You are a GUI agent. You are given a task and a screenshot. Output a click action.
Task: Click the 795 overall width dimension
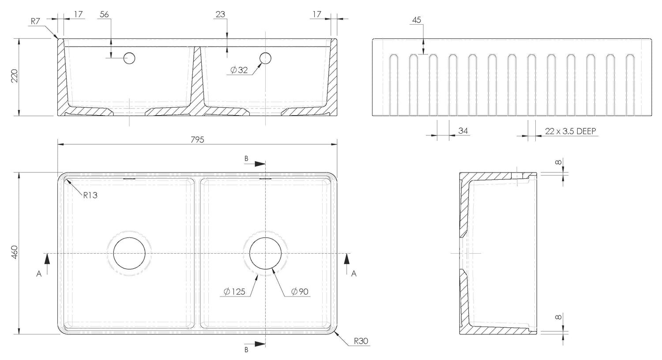pyautogui.click(x=197, y=139)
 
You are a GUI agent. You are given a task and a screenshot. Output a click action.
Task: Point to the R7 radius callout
pyautogui.click(x=35, y=21)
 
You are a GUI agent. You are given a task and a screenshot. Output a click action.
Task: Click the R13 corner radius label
pyautogui.click(x=90, y=195)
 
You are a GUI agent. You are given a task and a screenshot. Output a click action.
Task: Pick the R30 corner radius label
pyautogui.click(x=361, y=341)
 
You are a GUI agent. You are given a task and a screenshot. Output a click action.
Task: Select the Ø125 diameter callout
pyautogui.click(x=235, y=292)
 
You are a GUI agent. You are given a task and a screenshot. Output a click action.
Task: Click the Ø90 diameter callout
pyautogui.click(x=300, y=292)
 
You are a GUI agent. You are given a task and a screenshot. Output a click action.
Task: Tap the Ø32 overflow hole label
pyautogui.click(x=239, y=70)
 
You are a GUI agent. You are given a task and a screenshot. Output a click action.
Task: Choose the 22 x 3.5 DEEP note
pyautogui.click(x=570, y=131)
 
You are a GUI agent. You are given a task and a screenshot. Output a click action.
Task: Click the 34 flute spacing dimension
pyautogui.click(x=463, y=131)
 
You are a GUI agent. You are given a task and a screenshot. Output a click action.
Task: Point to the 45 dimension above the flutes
pyautogui.click(x=417, y=20)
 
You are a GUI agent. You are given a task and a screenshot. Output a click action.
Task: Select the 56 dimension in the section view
pyautogui.click(x=104, y=14)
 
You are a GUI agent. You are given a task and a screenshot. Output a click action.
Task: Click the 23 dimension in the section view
pyautogui.click(x=220, y=14)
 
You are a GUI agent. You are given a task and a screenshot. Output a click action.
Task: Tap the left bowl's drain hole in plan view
pyautogui.click(x=129, y=253)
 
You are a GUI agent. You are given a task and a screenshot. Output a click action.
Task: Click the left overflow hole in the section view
pyautogui.click(x=129, y=58)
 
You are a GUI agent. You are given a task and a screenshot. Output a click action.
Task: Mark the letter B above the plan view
pyautogui.click(x=246, y=159)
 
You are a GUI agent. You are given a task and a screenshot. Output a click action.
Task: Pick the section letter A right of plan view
pyautogui.click(x=354, y=274)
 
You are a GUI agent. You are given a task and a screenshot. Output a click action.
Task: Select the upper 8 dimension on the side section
pyautogui.click(x=558, y=162)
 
